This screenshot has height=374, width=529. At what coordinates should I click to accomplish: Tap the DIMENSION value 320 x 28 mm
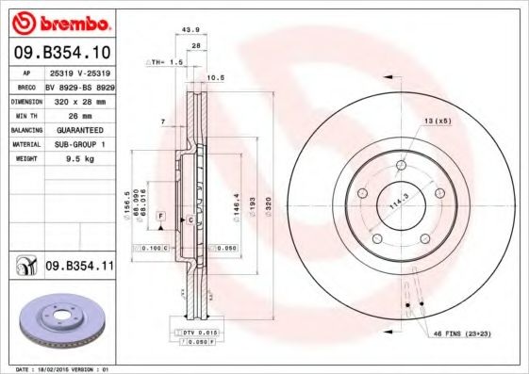79,99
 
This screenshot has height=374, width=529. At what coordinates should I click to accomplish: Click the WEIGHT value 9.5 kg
79,159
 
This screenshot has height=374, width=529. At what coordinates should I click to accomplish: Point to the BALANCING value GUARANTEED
79,128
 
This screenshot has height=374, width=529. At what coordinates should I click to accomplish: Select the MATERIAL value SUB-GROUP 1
79,144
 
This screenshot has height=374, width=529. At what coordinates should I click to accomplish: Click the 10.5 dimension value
215,77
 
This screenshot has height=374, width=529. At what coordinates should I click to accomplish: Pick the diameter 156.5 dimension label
127,202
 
